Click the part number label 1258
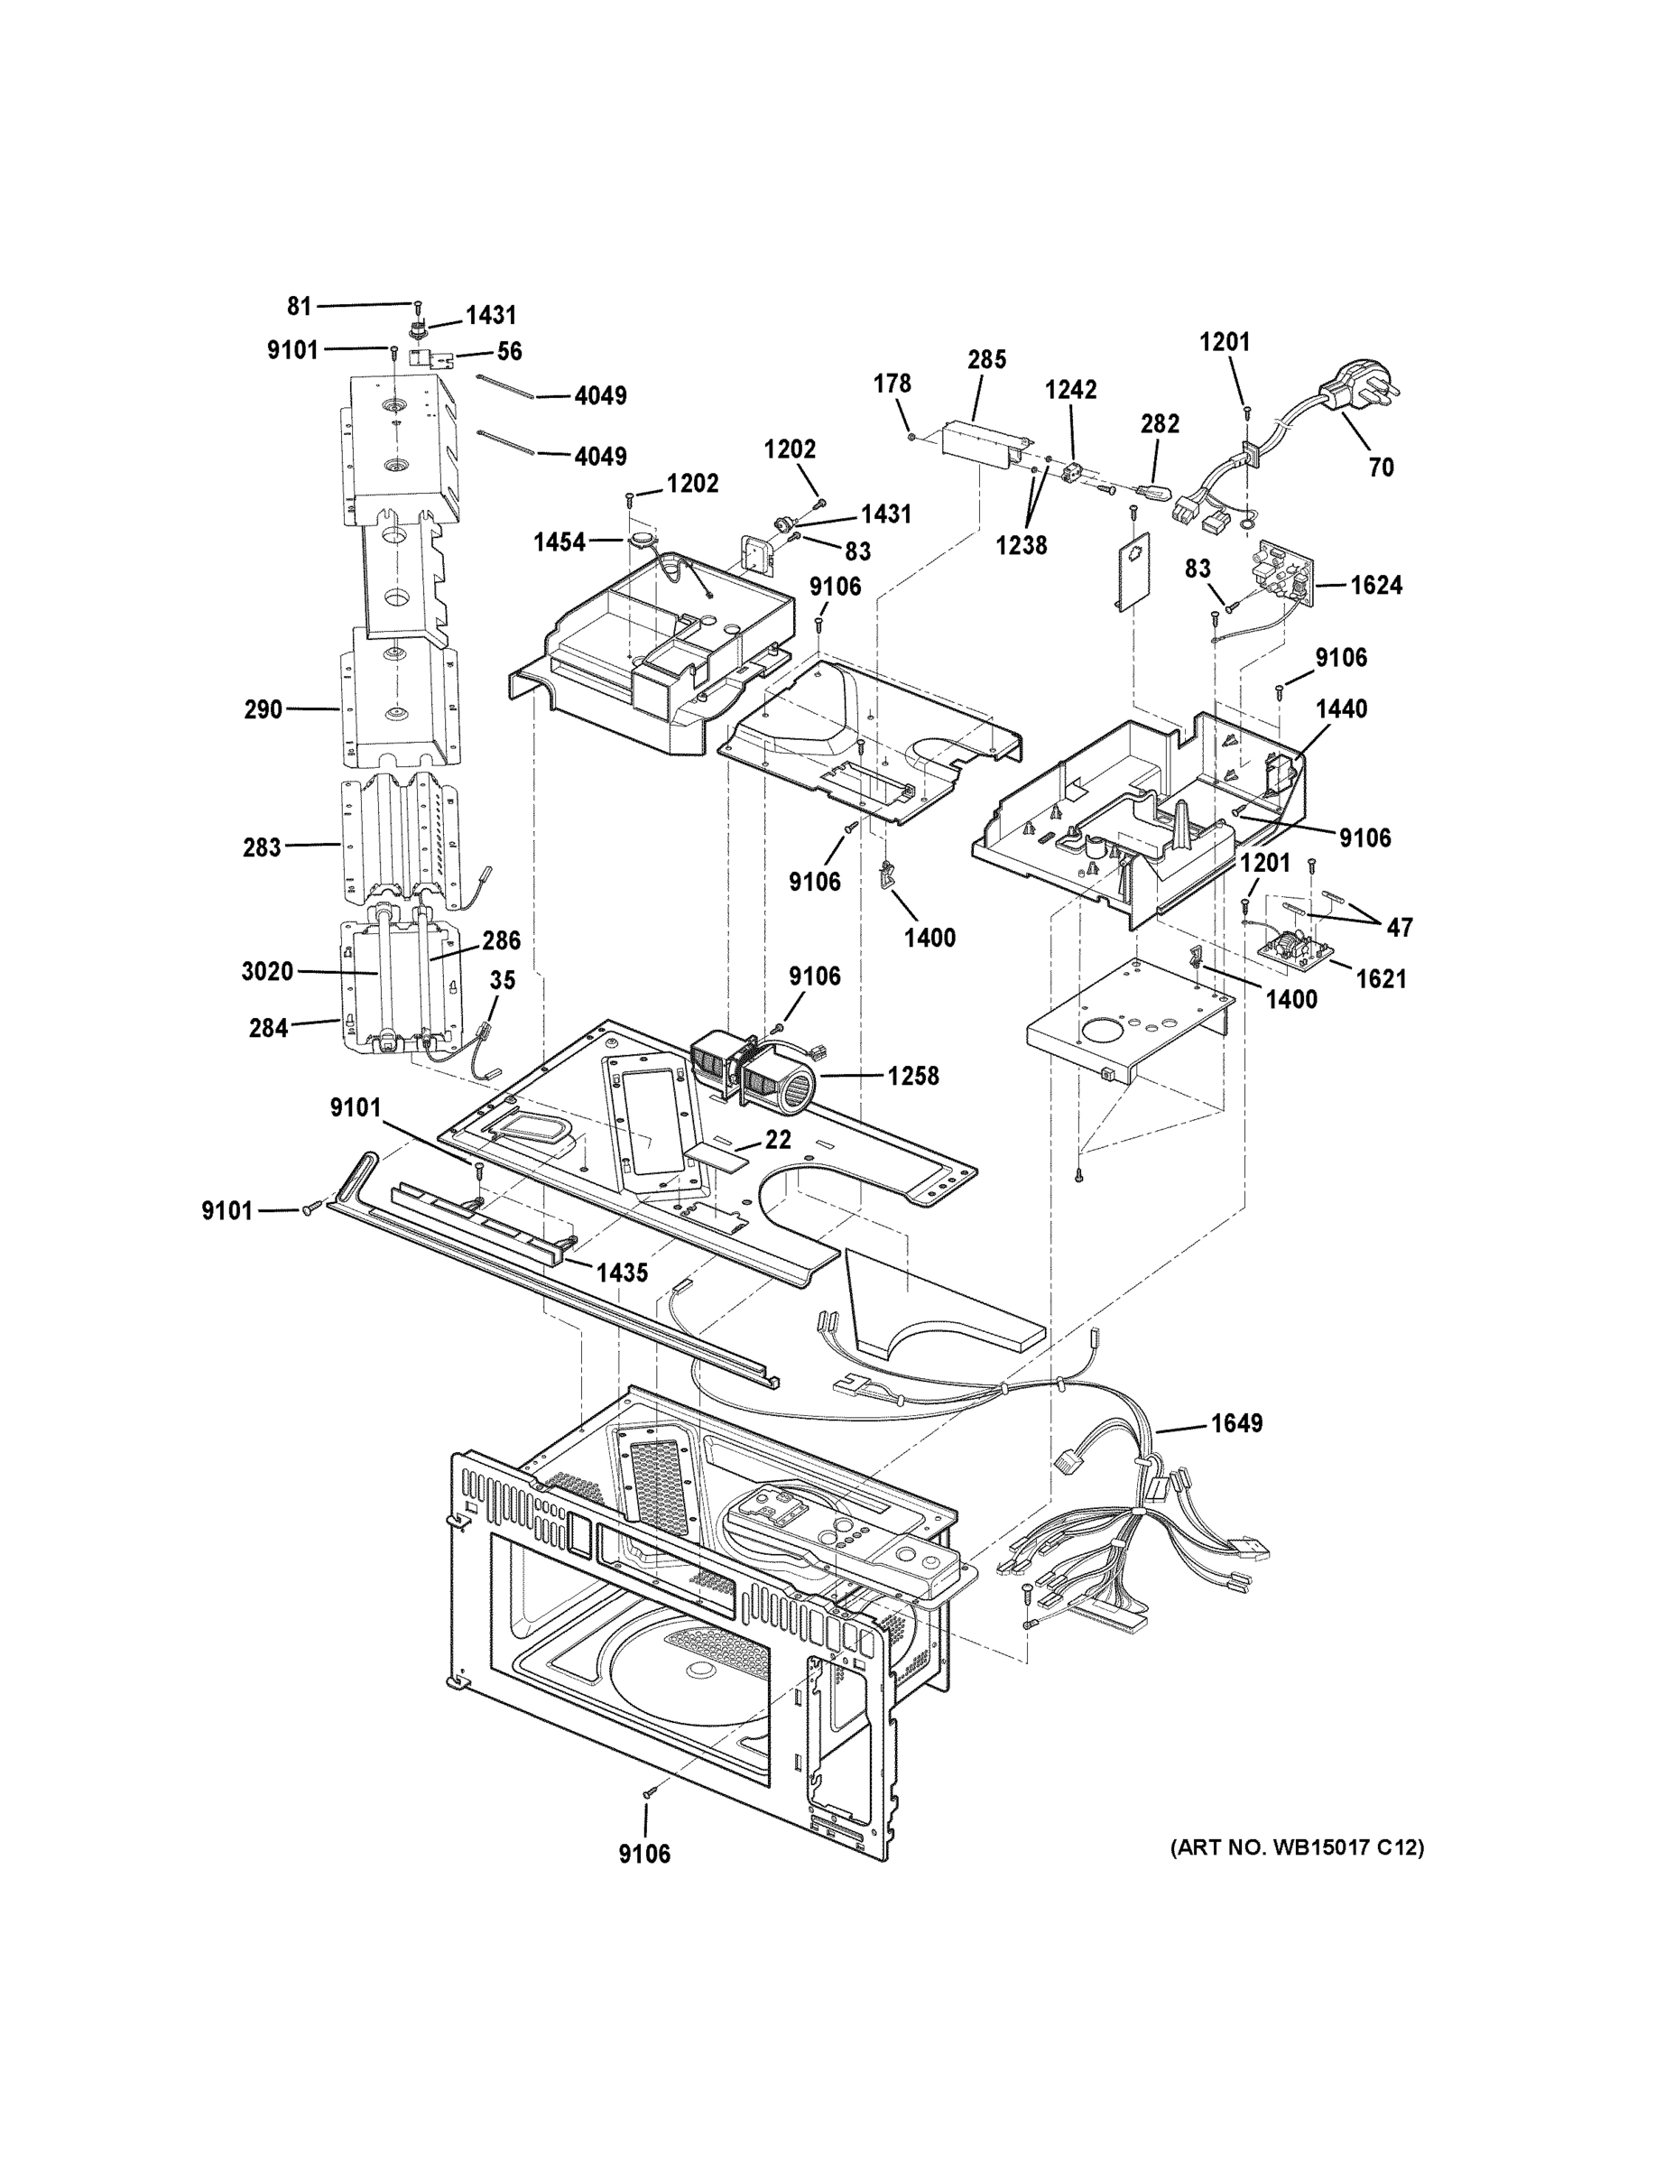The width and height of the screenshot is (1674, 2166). pos(912,1075)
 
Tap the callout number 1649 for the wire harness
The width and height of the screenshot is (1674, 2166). pos(1236,1423)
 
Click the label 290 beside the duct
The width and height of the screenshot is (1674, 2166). pos(264,709)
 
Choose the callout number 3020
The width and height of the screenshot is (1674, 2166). pos(268,971)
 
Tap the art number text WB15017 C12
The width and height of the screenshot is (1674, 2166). pos(1297,1847)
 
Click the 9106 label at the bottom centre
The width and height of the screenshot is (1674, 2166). pos(644,1853)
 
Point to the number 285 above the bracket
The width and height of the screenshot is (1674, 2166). pos(986,360)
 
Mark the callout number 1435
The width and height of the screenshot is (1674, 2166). pos(622,1273)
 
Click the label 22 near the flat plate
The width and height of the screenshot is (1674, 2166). pos(778,1141)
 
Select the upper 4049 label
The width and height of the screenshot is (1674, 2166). pos(601,395)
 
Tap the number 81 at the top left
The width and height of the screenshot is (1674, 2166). pos(300,307)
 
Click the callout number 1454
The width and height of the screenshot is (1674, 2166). pos(560,541)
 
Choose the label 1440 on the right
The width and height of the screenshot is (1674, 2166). pos(1341,708)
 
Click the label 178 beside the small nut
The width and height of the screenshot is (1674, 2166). pos(892,384)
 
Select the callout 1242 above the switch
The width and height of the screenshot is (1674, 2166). pos(1070,390)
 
